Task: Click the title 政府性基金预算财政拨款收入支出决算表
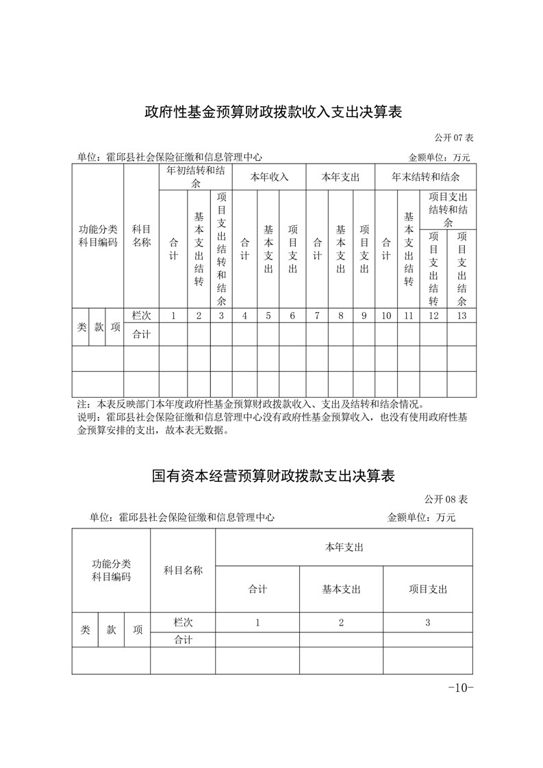tap(273, 112)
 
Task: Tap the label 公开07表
tap(453, 138)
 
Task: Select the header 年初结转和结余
tap(196, 177)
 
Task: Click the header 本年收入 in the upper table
tap(269, 177)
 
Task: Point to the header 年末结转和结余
tap(425, 177)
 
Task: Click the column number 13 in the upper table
tap(462, 316)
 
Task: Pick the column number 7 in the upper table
tap(317, 316)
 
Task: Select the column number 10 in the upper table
tap(386, 316)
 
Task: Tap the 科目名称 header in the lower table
tap(183, 570)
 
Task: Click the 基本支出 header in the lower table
tap(341, 589)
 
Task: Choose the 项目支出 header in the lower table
tap(427, 589)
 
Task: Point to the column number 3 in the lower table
tap(427, 622)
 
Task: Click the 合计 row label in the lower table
tap(183, 640)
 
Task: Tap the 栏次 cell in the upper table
tap(141, 316)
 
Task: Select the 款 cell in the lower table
tap(112, 630)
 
